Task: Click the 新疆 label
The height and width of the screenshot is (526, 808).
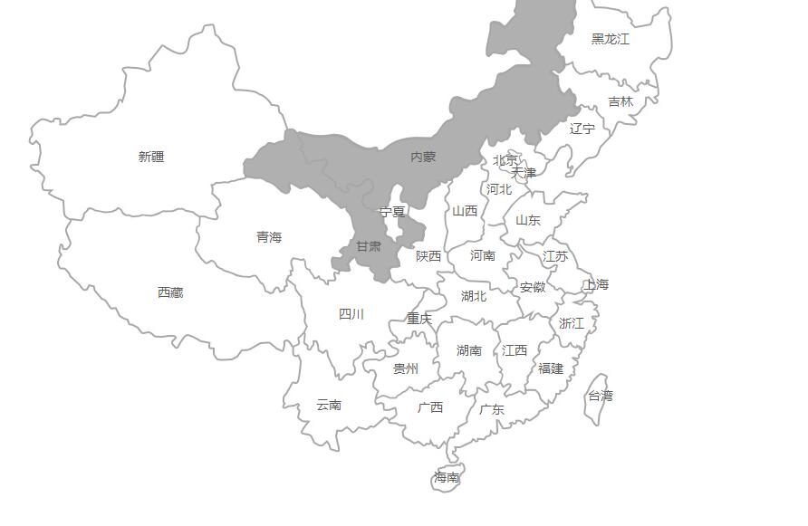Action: tap(151, 157)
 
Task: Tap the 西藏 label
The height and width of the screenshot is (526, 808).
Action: tap(170, 292)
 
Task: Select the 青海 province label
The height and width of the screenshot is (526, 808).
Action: tap(269, 237)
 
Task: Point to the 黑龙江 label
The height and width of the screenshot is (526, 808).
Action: tap(611, 39)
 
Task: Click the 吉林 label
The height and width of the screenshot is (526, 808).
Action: tap(620, 101)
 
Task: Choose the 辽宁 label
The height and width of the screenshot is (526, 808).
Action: tap(582, 129)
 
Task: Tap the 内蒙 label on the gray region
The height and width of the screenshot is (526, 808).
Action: tap(423, 157)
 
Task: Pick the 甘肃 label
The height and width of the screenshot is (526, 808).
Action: tap(369, 246)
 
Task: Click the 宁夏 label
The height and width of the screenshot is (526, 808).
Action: tap(392, 212)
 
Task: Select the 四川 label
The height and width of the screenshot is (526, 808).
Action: tap(351, 314)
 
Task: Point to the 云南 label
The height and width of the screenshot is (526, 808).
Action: tap(329, 405)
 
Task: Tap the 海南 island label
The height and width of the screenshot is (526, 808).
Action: tap(447, 477)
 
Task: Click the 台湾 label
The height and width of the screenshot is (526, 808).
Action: tap(601, 396)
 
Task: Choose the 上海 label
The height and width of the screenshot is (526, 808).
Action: tap(596, 284)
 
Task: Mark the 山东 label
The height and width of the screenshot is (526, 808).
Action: tap(528, 220)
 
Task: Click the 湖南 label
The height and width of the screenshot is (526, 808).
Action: tap(469, 350)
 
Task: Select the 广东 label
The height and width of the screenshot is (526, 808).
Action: tap(492, 409)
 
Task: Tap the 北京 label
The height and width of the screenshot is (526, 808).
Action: tap(505, 160)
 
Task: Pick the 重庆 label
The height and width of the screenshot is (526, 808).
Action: tap(419, 319)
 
